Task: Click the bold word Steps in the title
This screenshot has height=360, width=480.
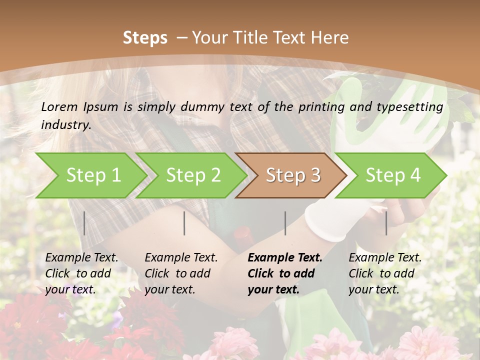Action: pyautogui.click(x=145, y=38)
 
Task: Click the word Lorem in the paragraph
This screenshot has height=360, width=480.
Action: pyautogui.click(x=59, y=106)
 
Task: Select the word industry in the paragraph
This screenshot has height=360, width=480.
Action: pyautogui.click(x=65, y=125)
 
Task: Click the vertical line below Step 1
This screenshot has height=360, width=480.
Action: pyautogui.click(x=84, y=223)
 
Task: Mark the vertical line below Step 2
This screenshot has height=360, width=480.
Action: pyautogui.click(x=184, y=223)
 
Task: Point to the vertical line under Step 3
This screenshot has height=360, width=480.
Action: pyautogui.click(x=285, y=223)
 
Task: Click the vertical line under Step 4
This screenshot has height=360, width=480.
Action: pyautogui.click(x=386, y=223)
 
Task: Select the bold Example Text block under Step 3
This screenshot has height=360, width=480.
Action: pyautogui.click(x=285, y=273)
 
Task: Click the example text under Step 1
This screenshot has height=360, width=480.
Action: pyautogui.click(x=81, y=273)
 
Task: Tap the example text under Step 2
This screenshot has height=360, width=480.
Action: pyautogui.click(x=181, y=273)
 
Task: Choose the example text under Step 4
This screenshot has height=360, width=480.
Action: pyautogui.click(x=385, y=273)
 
